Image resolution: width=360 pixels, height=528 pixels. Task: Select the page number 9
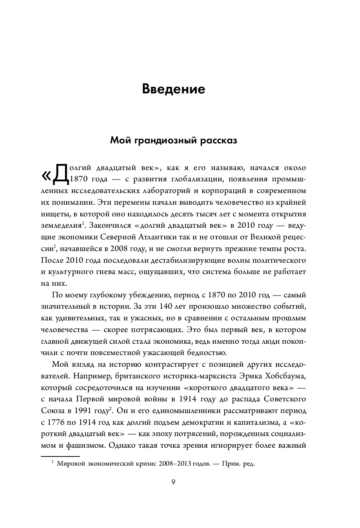point(173,482)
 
